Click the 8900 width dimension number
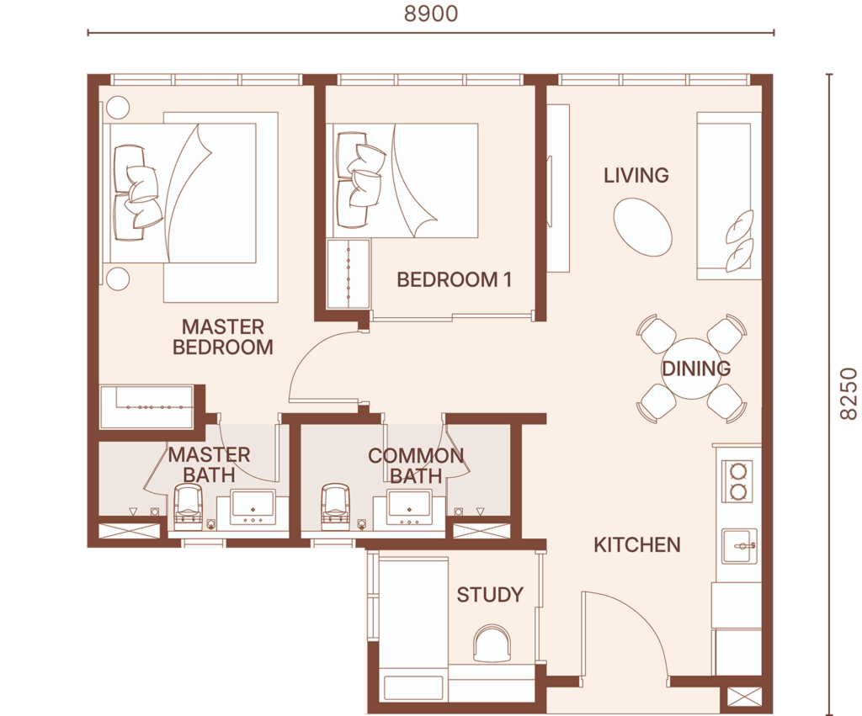click(431, 13)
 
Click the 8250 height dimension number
click(849, 394)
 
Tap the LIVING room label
click(636, 175)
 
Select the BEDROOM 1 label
click(454, 279)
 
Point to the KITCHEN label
click(637, 544)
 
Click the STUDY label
click(490, 595)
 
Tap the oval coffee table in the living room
click(642, 227)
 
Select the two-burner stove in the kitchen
click(737, 480)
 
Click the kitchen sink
click(739, 546)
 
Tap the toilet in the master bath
click(189, 503)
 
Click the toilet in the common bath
click(335, 503)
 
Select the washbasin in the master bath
click(253, 507)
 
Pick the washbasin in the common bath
click(409, 507)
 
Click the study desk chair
click(492, 644)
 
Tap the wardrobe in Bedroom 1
click(348, 273)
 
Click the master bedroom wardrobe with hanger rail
click(146, 406)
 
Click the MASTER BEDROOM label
click(222, 337)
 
